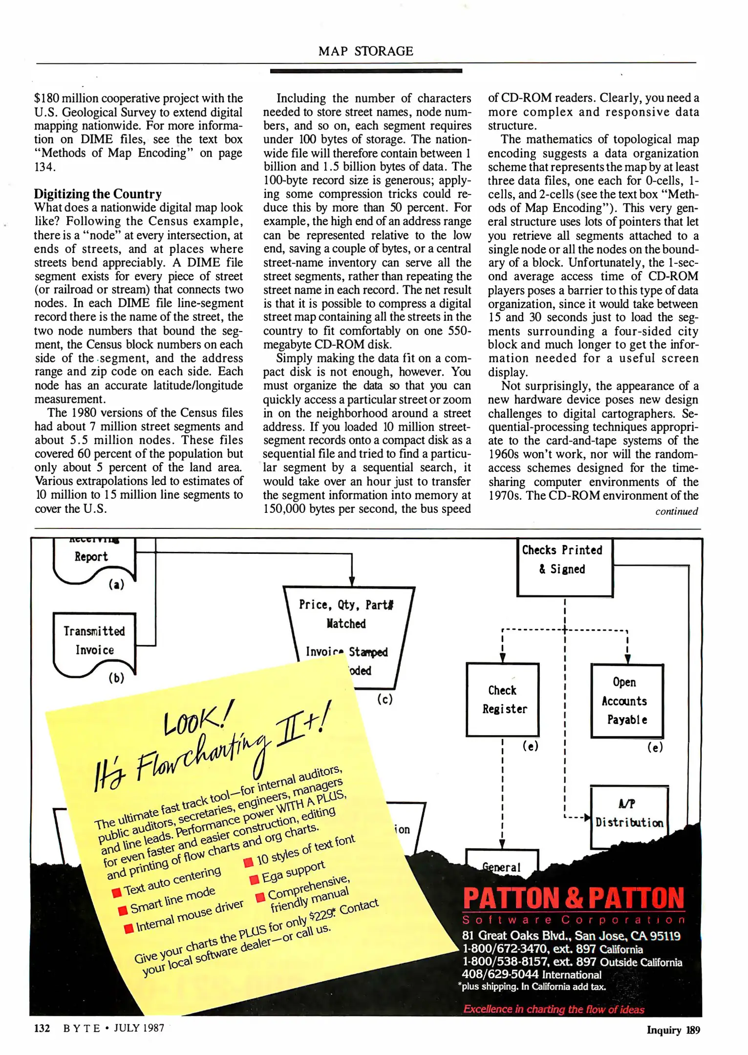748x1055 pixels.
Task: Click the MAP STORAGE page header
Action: (365, 51)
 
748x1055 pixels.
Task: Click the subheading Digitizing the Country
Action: (98, 194)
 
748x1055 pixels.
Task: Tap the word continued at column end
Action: (676, 511)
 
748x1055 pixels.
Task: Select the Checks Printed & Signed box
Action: (564, 567)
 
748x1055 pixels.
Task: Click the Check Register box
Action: (503, 699)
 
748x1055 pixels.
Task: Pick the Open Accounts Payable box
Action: (627, 700)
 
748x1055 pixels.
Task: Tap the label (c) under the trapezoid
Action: (385, 699)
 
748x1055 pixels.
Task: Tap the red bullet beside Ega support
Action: (254, 880)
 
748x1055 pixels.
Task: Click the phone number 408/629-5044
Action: (500, 974)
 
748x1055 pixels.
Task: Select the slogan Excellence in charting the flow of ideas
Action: (554, 1009)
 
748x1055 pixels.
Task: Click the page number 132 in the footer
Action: (42, 1028)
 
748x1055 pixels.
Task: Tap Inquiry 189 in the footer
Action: (673, 1030)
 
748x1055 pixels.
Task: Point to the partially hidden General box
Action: (501, 867)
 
